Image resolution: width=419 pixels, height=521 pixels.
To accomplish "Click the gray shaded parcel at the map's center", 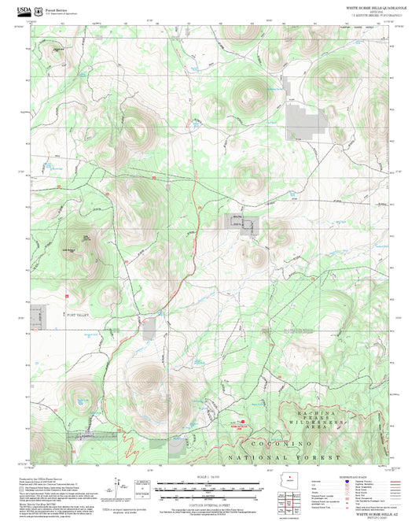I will (x=237, y=222).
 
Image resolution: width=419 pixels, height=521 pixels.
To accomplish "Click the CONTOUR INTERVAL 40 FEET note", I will (x=206, y=504).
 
